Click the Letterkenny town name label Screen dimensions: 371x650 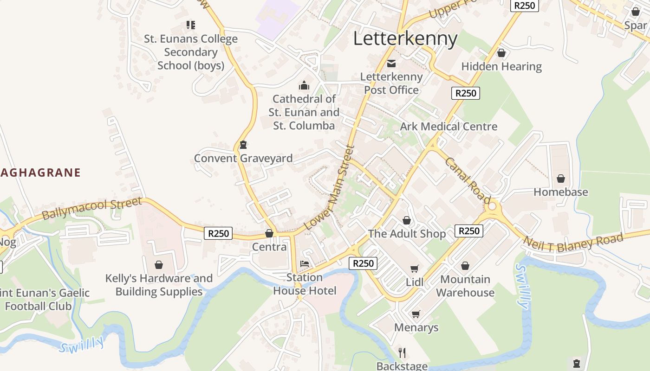(405, 38)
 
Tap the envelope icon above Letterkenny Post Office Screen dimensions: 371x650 (391, 64)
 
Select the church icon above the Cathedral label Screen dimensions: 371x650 (304, 85)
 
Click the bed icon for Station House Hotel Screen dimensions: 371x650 (305, 264)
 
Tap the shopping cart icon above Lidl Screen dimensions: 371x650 (415, 269)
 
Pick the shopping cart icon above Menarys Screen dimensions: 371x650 (416, 314)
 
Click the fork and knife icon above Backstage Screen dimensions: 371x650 (402, 352)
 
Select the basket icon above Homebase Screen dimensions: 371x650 (560, 179)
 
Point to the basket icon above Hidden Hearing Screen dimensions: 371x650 (501, 53)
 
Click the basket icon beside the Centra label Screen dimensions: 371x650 (269, 233)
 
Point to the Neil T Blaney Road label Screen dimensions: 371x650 (573, 243)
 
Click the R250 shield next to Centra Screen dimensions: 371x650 (218, 233)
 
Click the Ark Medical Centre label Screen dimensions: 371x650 (448, 126)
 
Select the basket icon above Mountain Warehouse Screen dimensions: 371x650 (465, 266)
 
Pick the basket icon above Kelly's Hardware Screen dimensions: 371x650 (159, 265)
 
